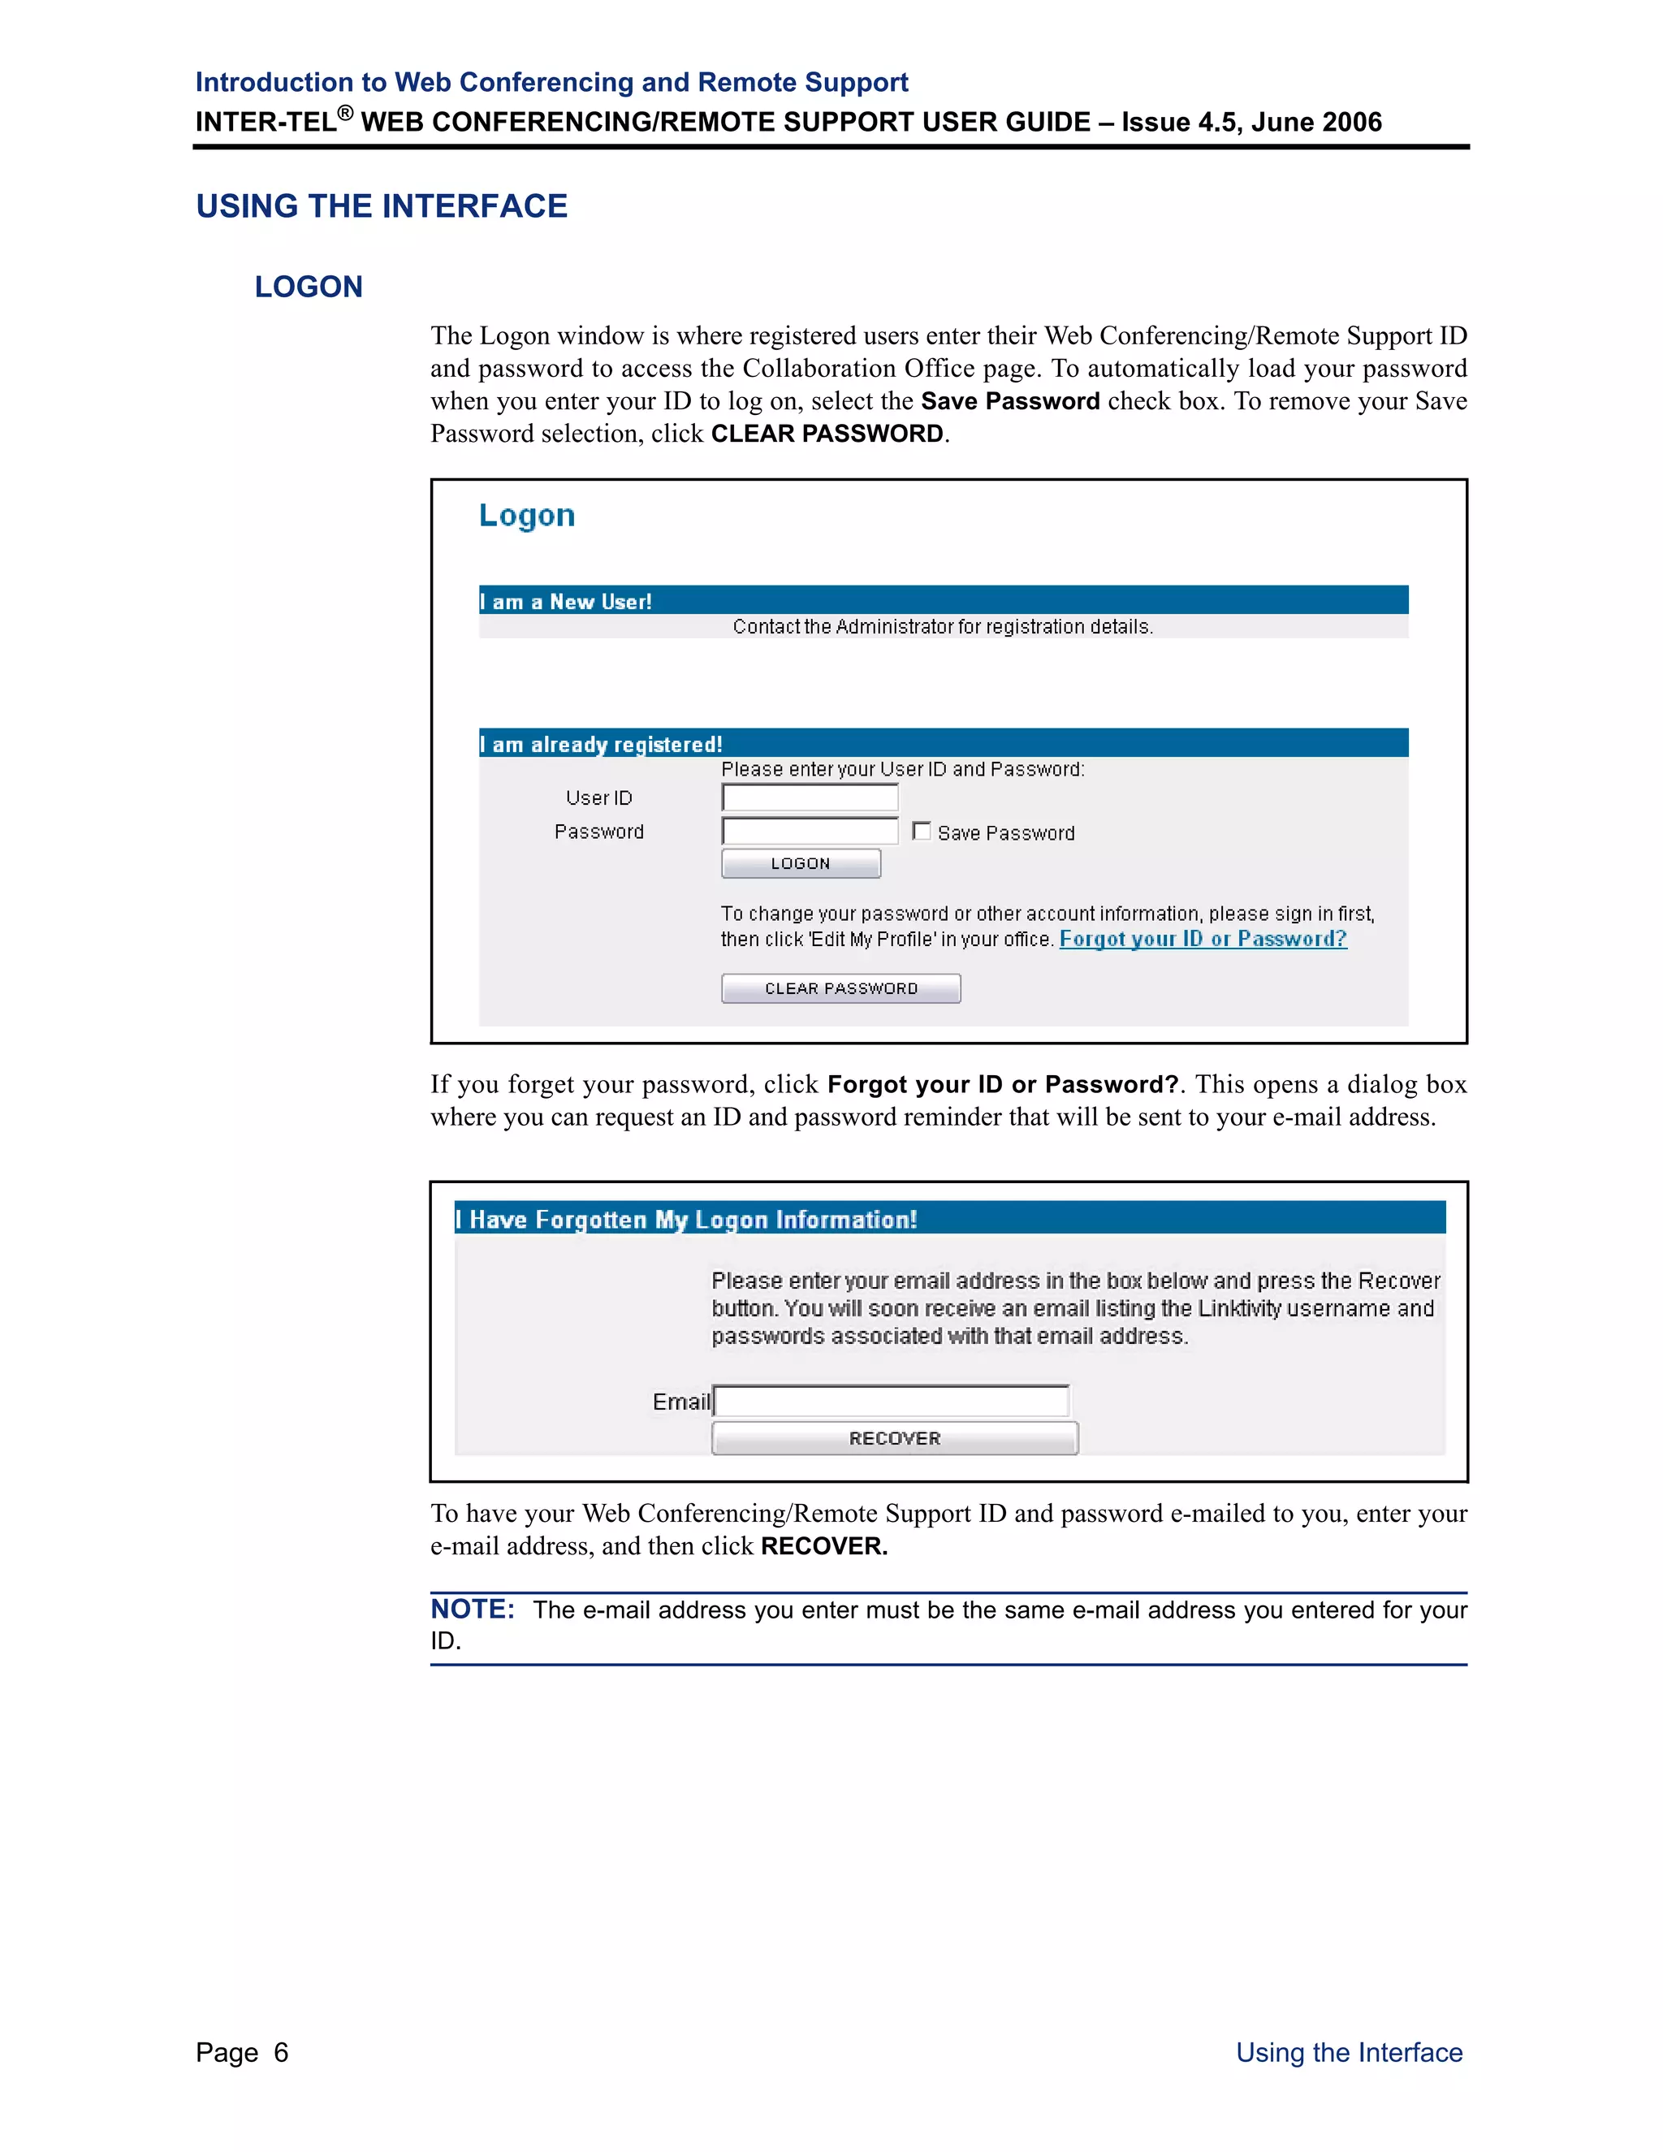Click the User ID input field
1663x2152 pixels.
pyautogui.click(x=810, y=797)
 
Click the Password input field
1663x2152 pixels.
pyautogui.click(x=810, y=831)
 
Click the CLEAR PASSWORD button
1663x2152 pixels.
pyautogui.click(x=840, y=988)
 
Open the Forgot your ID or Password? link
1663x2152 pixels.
pyautogui.click(x=1203, y=939)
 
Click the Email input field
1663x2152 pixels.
pyautogui.click(x=892, y=1400)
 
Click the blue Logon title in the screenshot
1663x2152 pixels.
pyautogui.click(x=527, y=516)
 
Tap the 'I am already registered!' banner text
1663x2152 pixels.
pyautogui.click(x=601, y=744)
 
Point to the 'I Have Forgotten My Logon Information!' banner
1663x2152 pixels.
pyautogui.click(x=687, y=1219)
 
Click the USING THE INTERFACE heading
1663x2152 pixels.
pyautogui.click(x=382, y=206)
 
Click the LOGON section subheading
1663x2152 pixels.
pyautogui.click(x=309, y=287)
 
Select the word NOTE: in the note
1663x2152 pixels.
pyautogui.click(x=473, y=1609)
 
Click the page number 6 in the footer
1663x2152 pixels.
pyautogui.click(x=281, y=2052)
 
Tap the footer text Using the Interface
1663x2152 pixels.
pyautogui.click(x=1349, y=2052)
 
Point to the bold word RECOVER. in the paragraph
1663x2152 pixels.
pyautogui.click(x=823, y=1546)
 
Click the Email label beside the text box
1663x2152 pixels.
pyautogui.click(x=680, y=1401)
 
